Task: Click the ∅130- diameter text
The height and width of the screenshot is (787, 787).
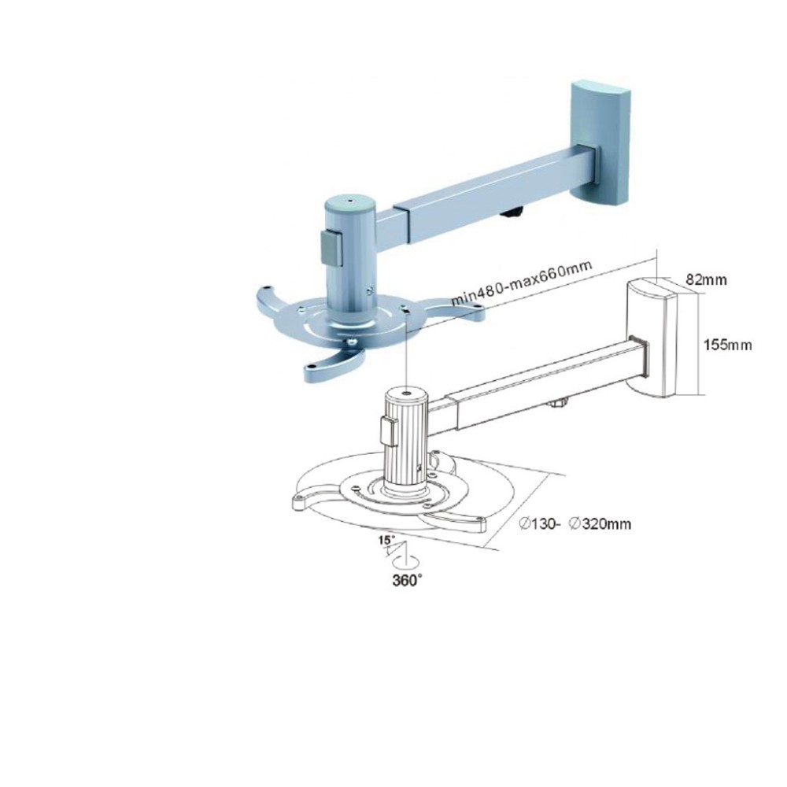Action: tap(539, 523)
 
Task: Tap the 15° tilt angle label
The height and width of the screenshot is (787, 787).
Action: tap(385, 541)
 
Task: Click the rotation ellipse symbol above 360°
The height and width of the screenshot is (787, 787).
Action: tap(407, 561)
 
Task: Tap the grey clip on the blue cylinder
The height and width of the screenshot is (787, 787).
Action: tap(331, 246)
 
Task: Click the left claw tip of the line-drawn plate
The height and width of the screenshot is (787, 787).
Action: tap(300, 501)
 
